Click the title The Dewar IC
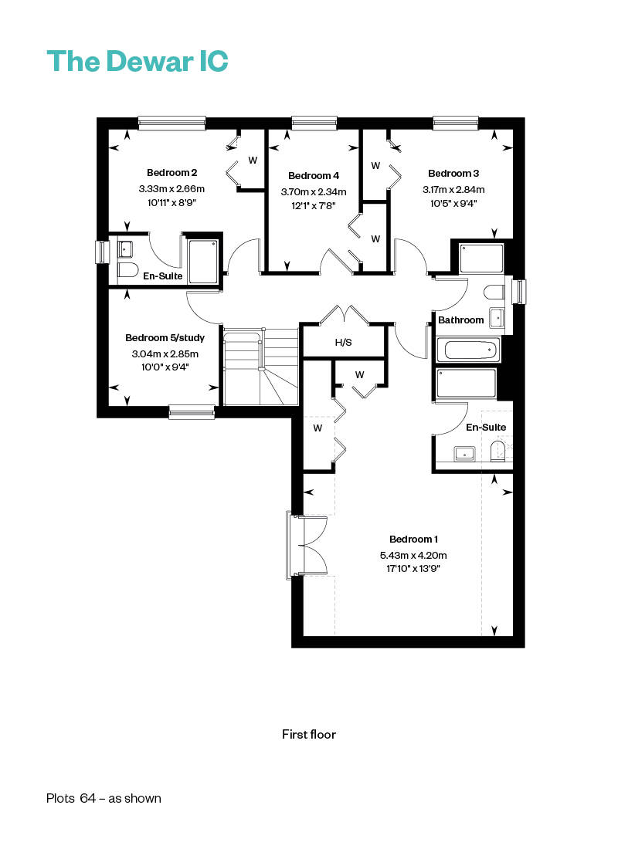point(138,61)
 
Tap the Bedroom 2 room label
point(171,173)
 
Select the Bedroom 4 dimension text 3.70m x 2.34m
point(314,192)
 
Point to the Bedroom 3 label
point(453,173)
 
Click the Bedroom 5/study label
point(165,338)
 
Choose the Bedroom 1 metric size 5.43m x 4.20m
point(413,555)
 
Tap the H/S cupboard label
point(343,342)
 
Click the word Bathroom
point(460,320)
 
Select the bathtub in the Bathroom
point(467,349)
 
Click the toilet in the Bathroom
point(494,293)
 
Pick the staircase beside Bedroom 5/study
point(261,366)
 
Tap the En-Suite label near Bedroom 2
point(163,276)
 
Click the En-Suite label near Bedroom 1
point(486,428)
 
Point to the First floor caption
point(309,734)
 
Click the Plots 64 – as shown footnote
point(104,798)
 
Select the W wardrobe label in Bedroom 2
point(253,161)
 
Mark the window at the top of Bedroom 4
point(314,123)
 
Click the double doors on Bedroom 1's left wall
point(306,545)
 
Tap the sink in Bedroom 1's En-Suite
point(464,453)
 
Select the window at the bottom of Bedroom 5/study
point(192,412)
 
